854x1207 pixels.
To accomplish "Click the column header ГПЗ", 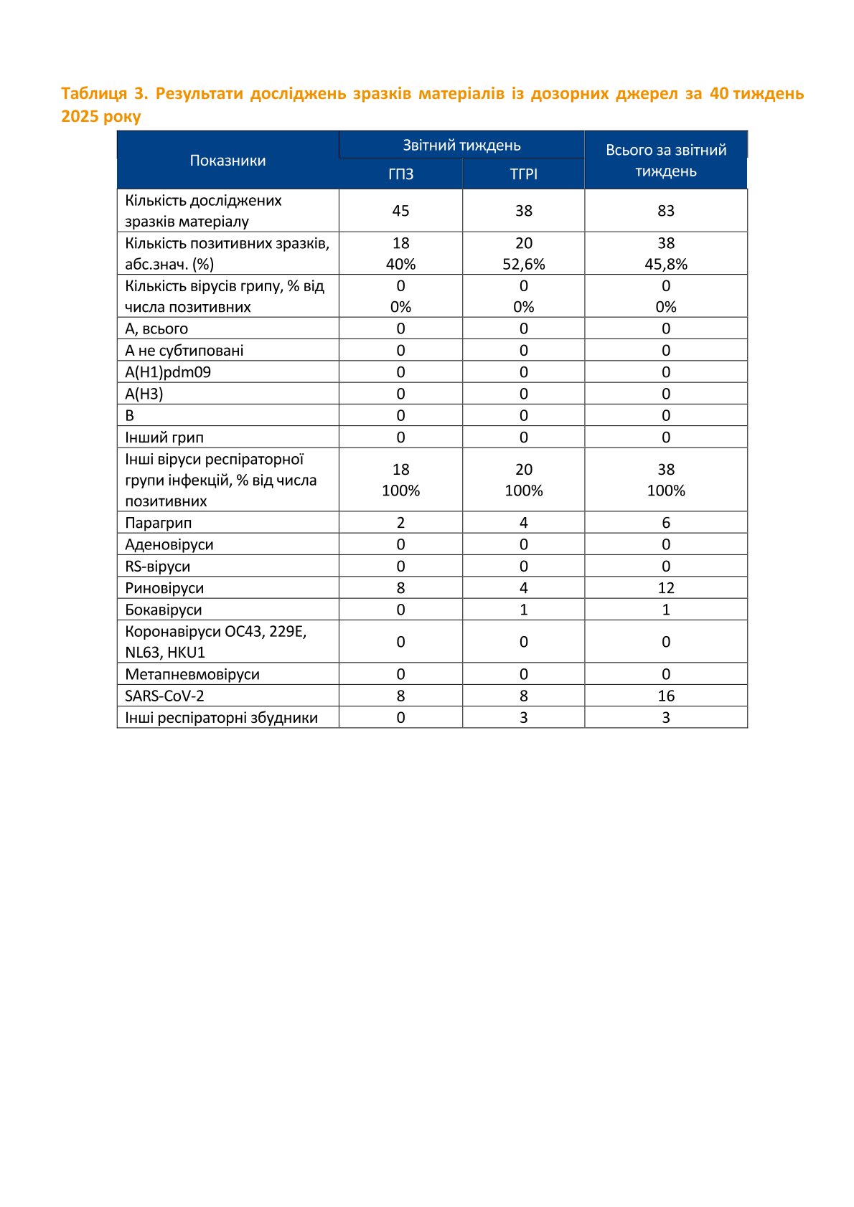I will coord(400,174).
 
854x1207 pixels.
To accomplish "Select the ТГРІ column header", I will coord(523,174).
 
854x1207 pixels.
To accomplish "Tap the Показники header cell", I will coord(227,161).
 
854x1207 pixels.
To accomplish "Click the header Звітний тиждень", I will coord(461,145).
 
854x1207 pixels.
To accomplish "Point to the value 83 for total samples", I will coord(666,211).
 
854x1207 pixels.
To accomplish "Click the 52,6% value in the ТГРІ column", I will coord(523,264).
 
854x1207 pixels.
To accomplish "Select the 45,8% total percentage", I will coord(666,264).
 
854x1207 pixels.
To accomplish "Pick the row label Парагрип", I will coord(159,523).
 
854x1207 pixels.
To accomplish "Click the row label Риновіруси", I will coord(164,588).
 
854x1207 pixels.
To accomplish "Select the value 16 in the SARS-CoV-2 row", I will coord(666,696).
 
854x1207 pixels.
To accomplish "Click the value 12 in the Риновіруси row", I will coord(666,588).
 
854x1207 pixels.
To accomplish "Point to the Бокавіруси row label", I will coord(164,610).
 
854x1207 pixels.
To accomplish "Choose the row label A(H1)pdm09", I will coord(168,372).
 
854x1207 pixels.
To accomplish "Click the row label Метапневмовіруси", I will coord(192,674).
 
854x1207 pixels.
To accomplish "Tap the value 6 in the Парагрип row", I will coord(666,523).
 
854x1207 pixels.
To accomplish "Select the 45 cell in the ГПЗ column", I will coord(400,211).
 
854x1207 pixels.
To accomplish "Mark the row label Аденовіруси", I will coord(169,544).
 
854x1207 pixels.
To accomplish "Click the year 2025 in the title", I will coord(80,117).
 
